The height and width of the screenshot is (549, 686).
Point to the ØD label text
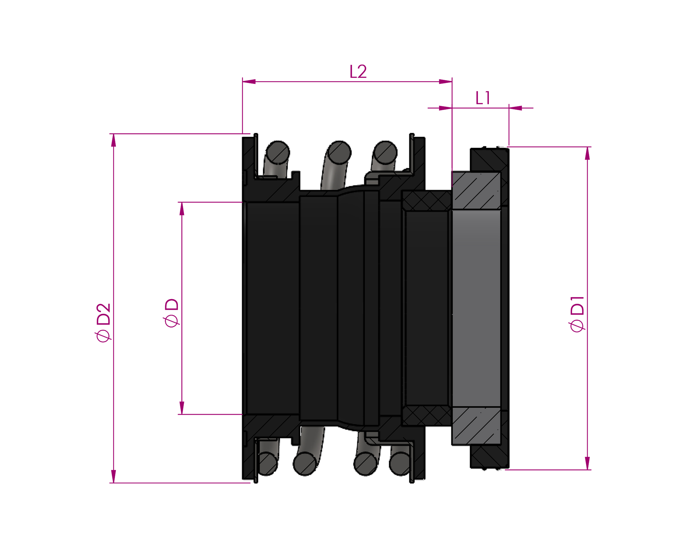coord(171,313)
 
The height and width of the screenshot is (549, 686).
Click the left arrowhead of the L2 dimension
coord(249,82)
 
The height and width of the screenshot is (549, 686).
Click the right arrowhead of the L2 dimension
coord(445,82)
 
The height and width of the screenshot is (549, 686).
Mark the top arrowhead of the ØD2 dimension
coord(114,140)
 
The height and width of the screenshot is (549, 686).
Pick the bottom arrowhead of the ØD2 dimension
coord(114,477)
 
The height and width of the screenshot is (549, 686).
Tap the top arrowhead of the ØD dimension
coord(182,209)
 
